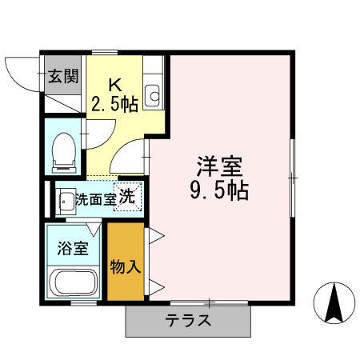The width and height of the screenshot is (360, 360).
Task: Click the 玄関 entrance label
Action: (62, 77)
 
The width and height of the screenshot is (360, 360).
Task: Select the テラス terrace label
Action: (188, 322)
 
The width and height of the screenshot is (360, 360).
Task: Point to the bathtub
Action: (73, 284)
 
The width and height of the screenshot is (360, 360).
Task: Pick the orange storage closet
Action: (126, 262)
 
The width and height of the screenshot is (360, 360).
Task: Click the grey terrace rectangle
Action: (188, 322)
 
